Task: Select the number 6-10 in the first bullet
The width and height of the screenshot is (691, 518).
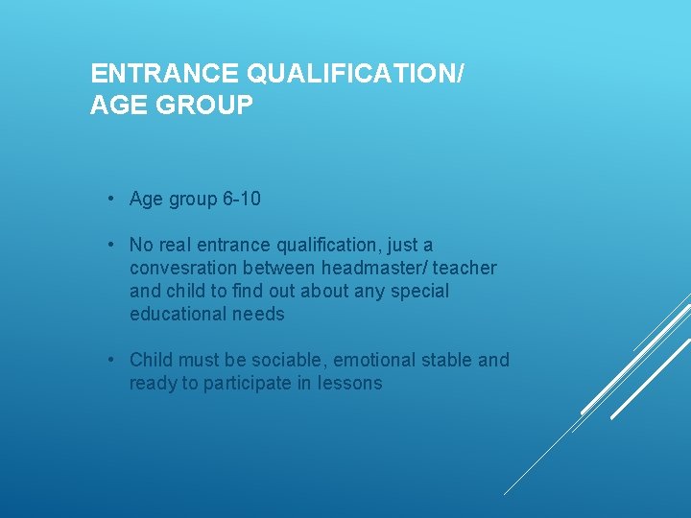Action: pos(241,200)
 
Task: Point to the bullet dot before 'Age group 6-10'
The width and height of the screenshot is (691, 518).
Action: pos(112,199)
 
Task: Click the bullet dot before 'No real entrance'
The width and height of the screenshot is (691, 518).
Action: pos(112,245)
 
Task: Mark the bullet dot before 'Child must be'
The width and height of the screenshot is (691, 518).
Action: pos(112,360)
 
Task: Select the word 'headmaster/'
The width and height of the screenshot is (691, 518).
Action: pos(375,269)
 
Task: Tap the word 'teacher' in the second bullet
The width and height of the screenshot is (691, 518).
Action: pos(465,269)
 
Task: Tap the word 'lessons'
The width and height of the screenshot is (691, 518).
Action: pos(351,384)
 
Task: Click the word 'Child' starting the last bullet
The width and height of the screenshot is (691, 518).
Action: pos(151,361)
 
